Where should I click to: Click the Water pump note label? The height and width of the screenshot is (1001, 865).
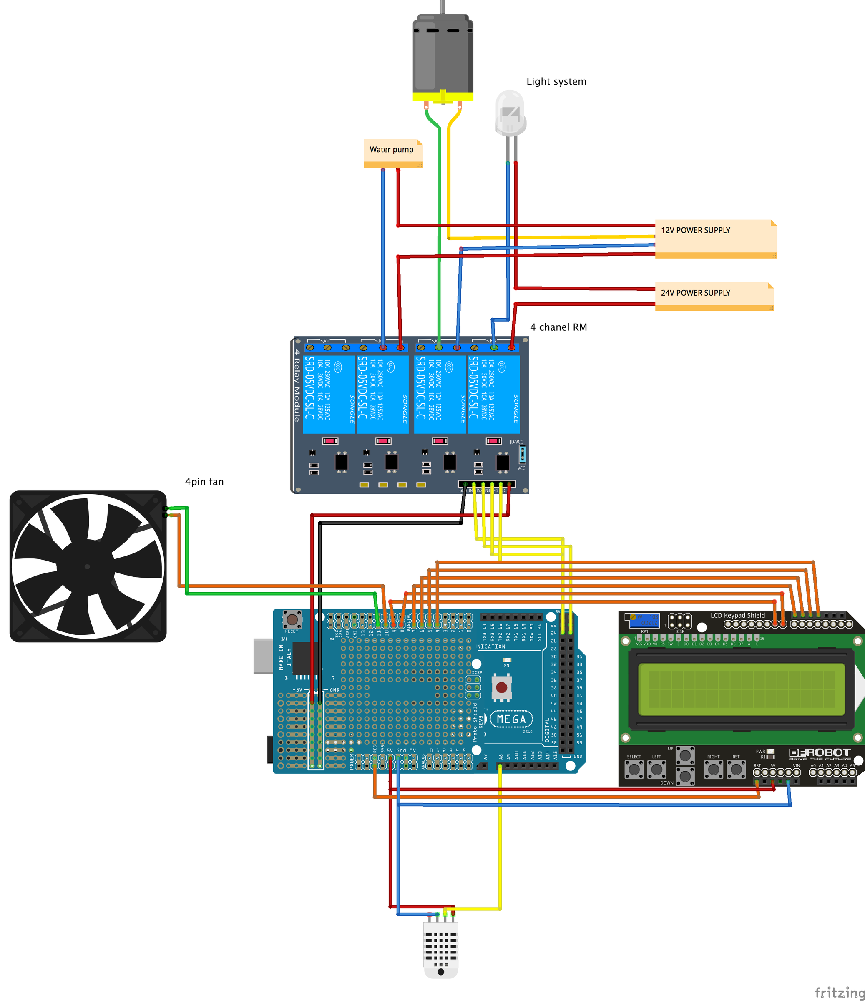(392, 150)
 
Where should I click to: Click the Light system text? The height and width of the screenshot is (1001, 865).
(556, 82)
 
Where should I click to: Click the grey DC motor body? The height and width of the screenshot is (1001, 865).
(443, 53)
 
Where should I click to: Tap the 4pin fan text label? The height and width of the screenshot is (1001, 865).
(204, 482)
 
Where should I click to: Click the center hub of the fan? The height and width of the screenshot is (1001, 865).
(88, 566)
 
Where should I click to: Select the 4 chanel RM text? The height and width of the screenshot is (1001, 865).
(558, 327)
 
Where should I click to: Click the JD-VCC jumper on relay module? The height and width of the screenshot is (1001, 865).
(522, 454)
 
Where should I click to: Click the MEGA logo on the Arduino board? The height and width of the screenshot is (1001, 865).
(511, 719)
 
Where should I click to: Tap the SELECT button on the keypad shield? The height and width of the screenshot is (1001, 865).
(634, 769)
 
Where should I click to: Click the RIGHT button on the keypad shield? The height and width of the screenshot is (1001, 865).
(713, 769)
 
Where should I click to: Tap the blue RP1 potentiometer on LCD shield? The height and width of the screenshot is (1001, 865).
(644, 620)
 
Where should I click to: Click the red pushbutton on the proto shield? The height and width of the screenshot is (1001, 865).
(501, 687)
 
